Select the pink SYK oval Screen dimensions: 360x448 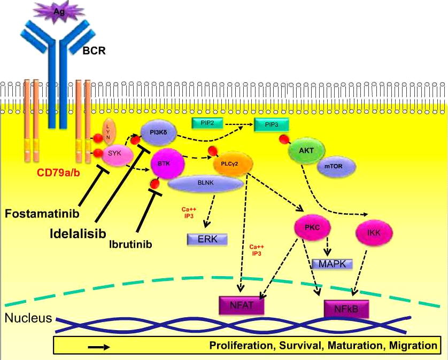[x=113, y=153]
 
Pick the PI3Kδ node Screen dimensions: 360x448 [x=157, y=132]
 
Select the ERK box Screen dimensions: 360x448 [x=207, y=239]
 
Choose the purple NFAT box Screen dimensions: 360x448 [x=243, y=305]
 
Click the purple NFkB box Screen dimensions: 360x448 [x=345, y=309]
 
